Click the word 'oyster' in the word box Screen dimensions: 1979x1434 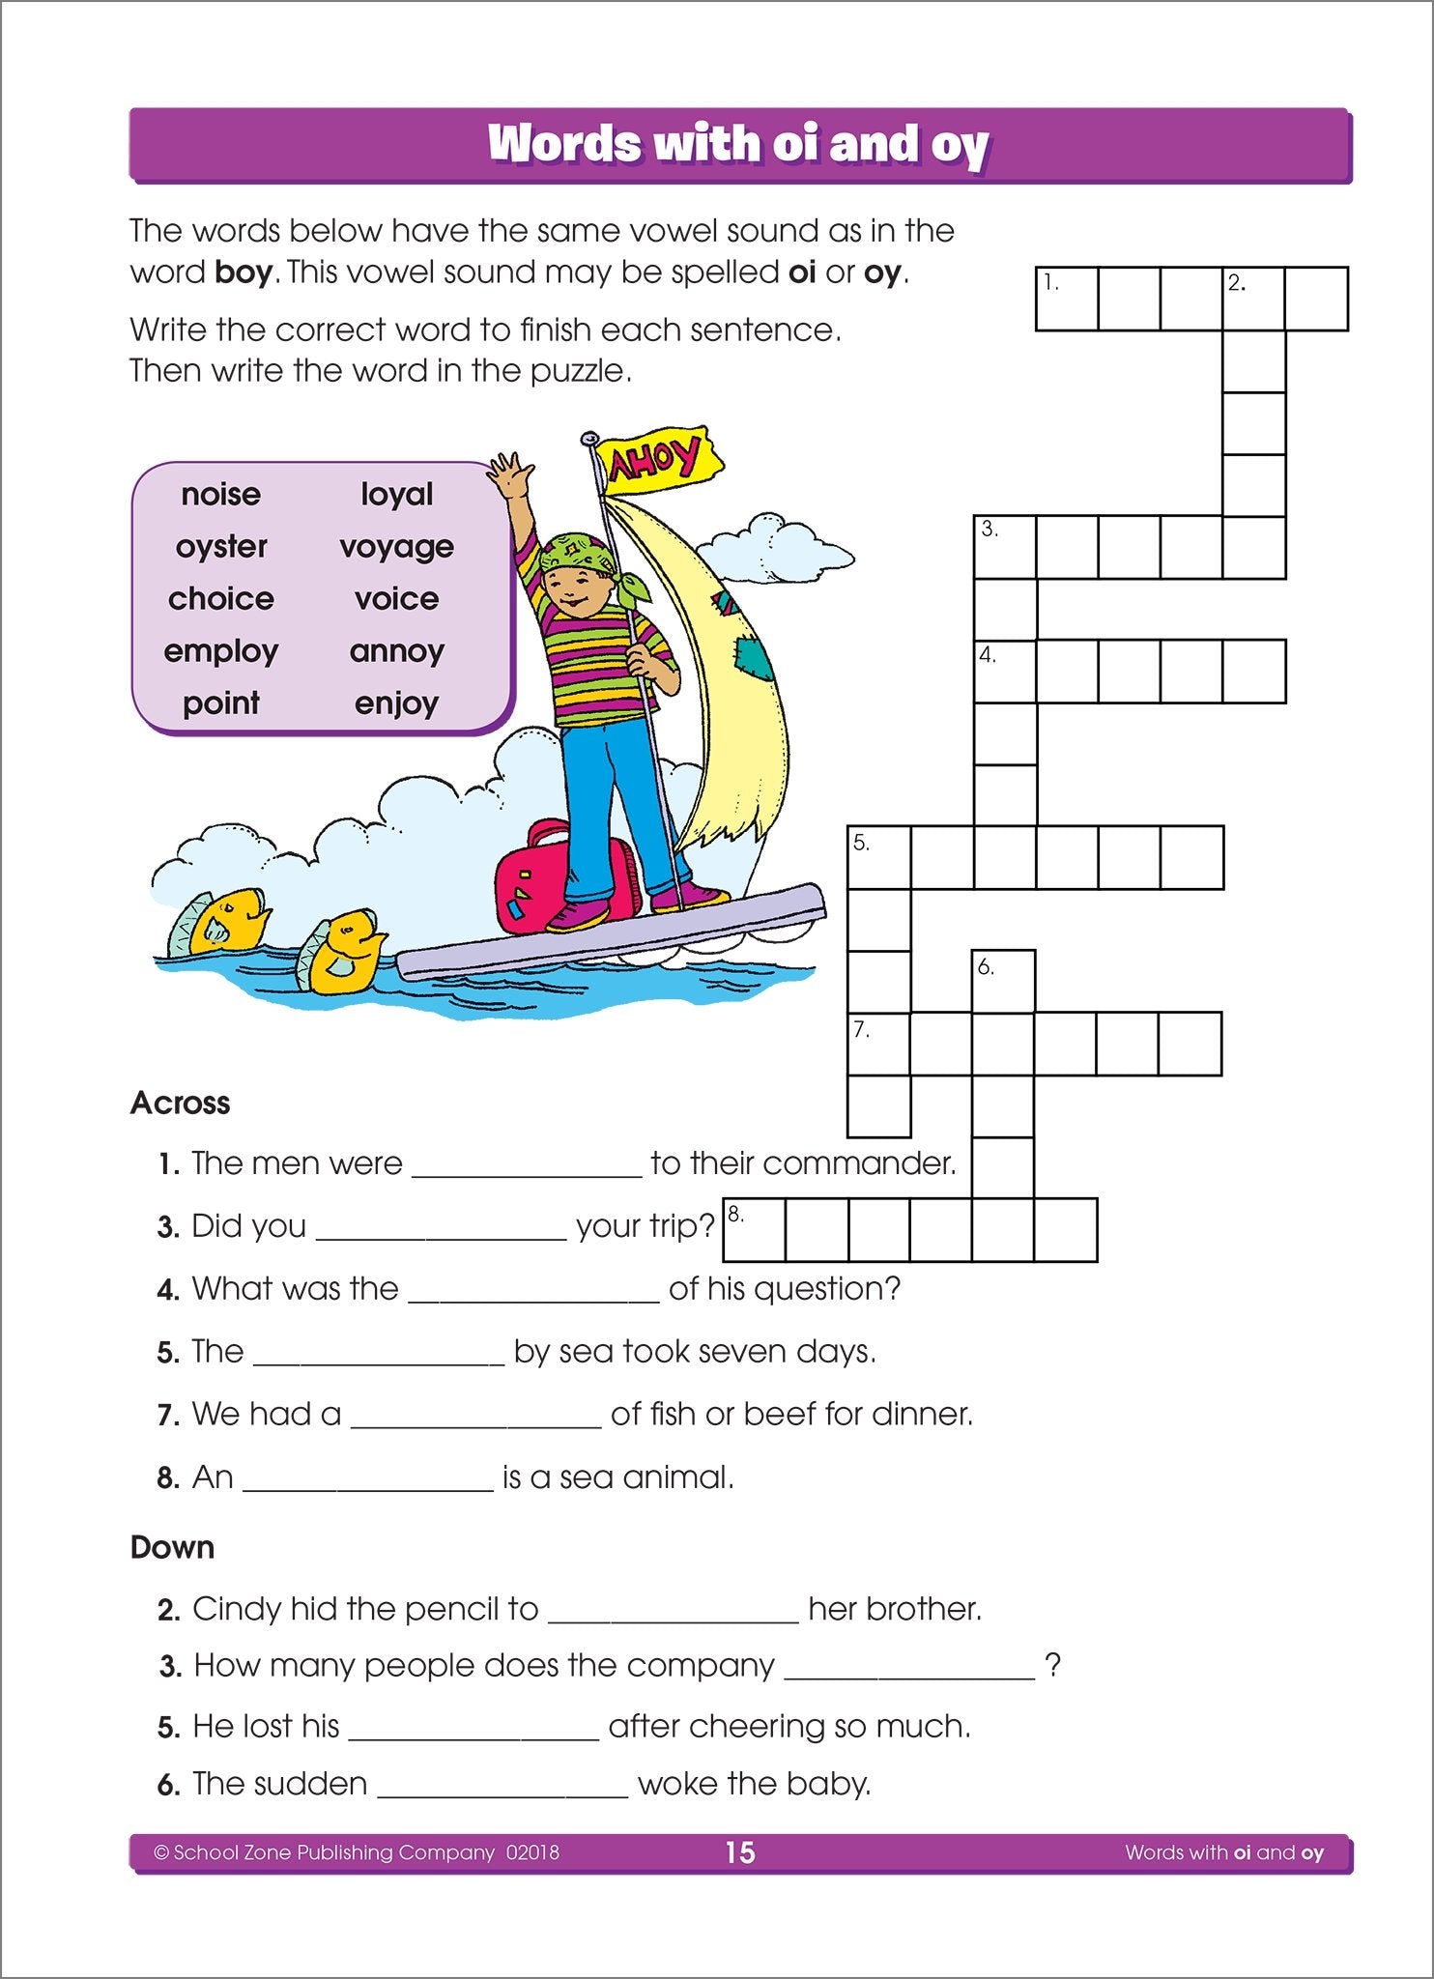221,547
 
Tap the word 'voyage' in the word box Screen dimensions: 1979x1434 396,547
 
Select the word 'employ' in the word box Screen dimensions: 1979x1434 221,651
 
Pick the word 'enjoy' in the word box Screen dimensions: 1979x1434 396,703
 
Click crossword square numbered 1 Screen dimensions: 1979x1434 1067,300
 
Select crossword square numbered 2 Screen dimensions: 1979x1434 1253,300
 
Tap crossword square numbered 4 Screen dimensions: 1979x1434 1005,671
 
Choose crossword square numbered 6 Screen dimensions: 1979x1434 1003,981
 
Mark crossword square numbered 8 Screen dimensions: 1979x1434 754,1230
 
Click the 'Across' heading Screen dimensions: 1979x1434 181,1104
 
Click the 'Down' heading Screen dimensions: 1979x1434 172,1547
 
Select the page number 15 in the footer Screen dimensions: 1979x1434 740,1852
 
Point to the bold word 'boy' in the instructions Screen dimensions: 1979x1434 244,273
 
